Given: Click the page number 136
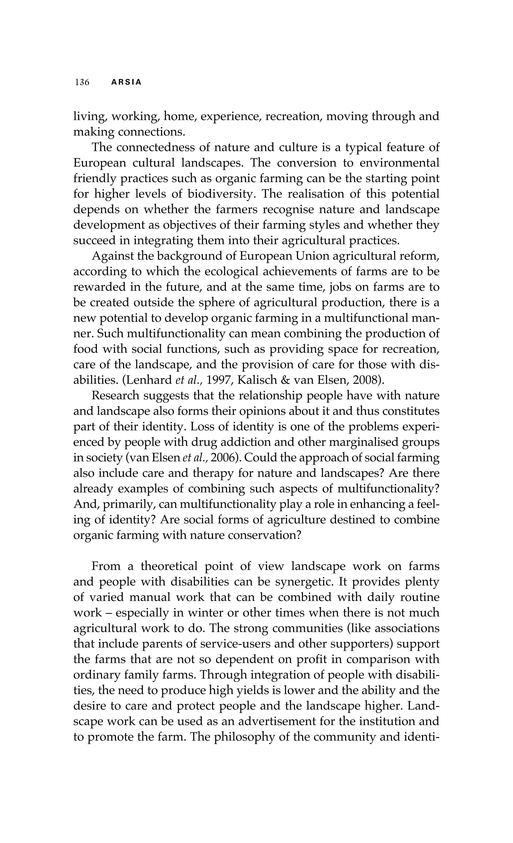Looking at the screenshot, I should pos(82,82).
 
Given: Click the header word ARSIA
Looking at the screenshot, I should pos(126,82).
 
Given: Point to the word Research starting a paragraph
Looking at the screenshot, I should pos(115,396).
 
